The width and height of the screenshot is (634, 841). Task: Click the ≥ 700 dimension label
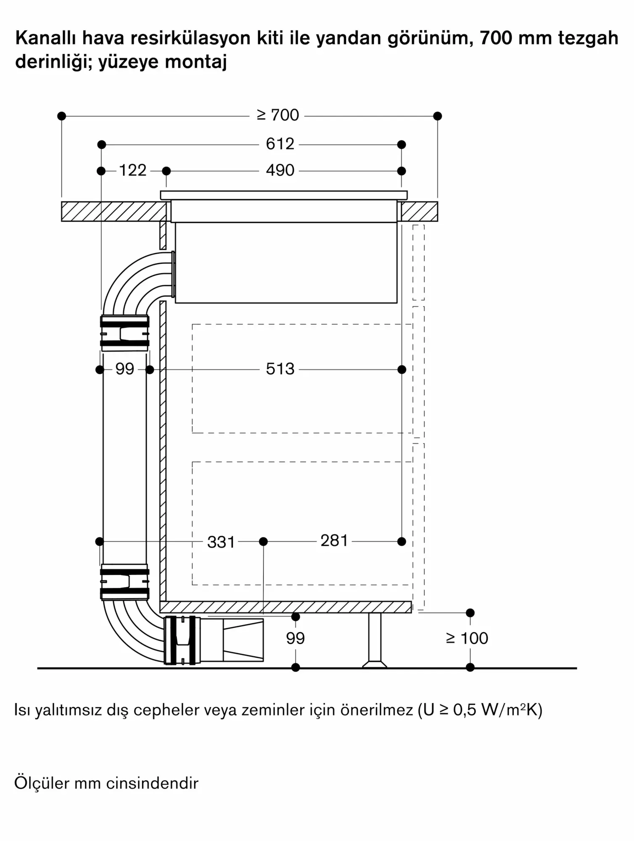[x=278, y=115]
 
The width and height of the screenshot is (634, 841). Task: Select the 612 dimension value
[x=280, y=144]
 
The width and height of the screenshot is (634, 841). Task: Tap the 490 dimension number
[x=280, y=171]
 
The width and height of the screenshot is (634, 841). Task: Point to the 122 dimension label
[x=132, y=171]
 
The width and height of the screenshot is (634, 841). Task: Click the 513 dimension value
[x=280, y=369]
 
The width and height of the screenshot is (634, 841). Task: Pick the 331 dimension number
[x=221, y=542]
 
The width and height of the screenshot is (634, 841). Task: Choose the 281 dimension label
[x=334, y=541]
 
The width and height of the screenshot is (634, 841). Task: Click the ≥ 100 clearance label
[x=467, y=638]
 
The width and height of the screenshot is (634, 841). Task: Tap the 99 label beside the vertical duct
[x=124, y=369]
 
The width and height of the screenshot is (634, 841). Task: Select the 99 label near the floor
[x=295, y=638]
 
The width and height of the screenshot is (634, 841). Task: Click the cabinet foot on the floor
[x=375, y=641]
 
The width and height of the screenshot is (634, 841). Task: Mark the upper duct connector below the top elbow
[x=124, y=333]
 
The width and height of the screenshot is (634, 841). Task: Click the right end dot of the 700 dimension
[x=437, y=116]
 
